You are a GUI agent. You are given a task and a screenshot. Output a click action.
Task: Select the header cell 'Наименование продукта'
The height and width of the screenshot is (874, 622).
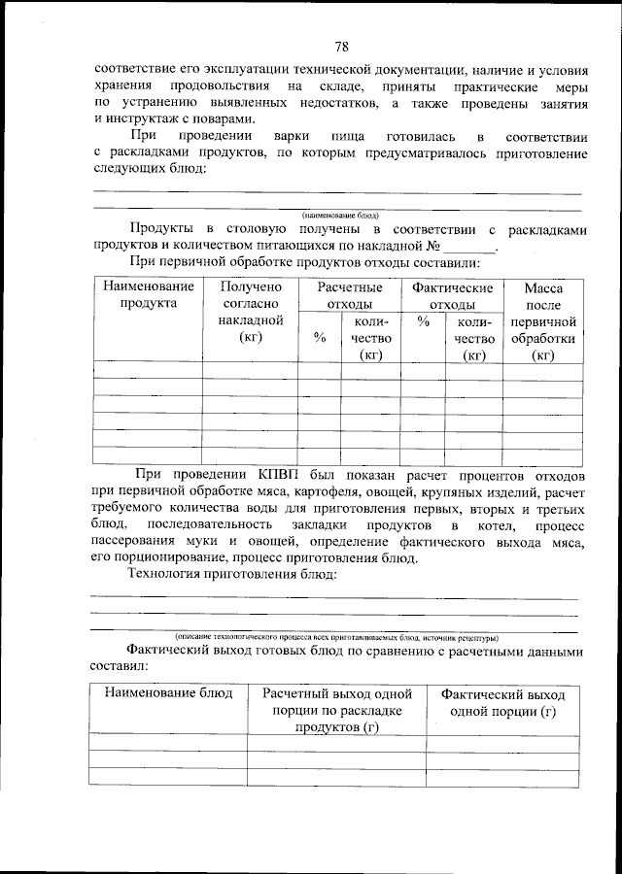[148, 295]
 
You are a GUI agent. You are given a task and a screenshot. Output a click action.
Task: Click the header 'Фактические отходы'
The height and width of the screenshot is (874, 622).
[452, 295]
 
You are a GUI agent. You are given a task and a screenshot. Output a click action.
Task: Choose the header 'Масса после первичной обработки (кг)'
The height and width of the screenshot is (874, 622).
[543, 320]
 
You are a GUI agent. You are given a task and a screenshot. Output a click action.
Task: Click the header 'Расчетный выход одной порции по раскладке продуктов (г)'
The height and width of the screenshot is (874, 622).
[336, 711]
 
